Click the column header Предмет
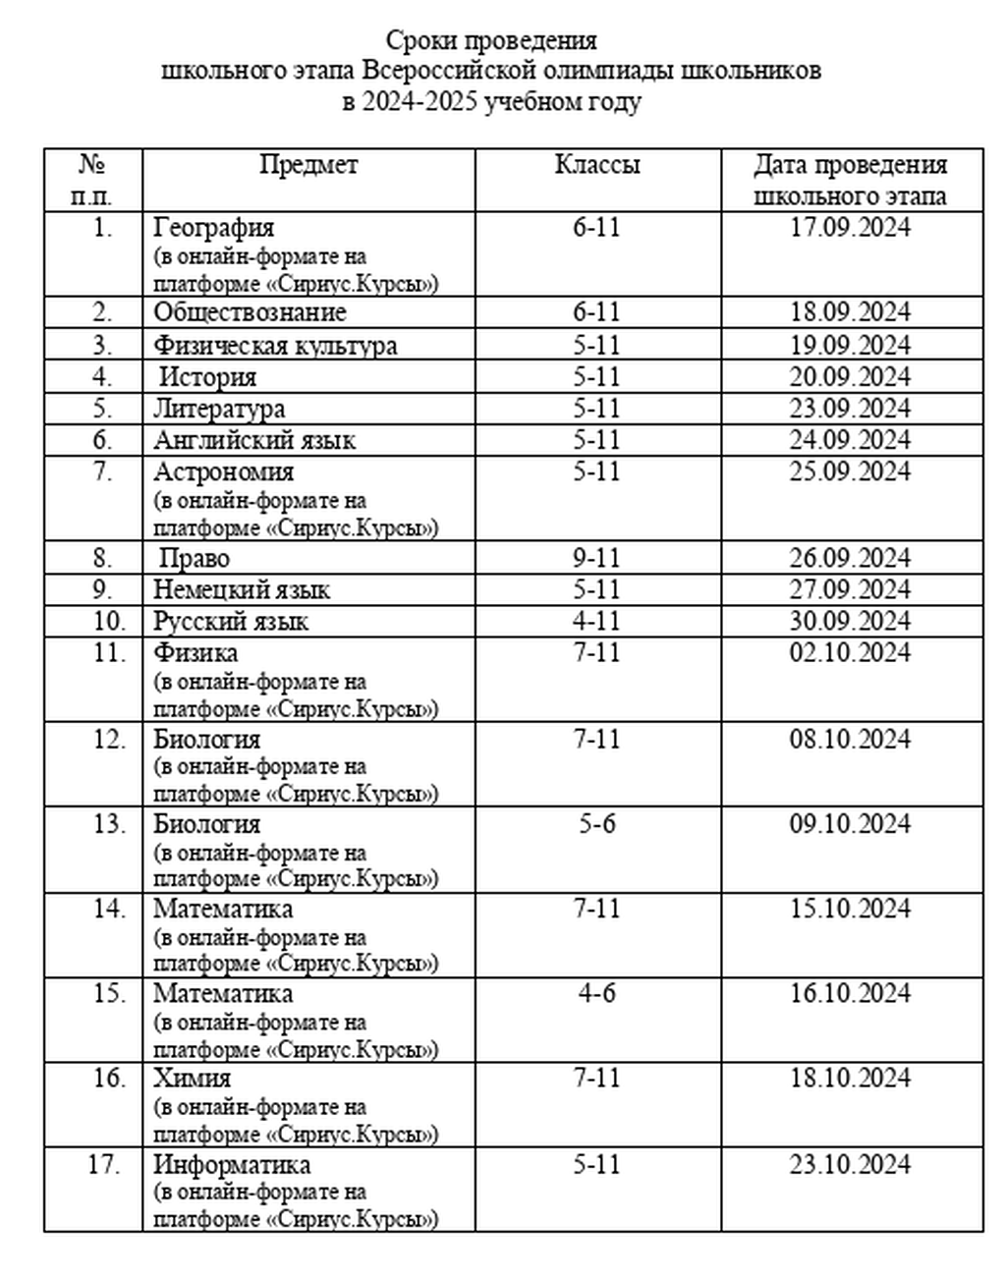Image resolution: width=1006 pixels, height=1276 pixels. pos(308,165)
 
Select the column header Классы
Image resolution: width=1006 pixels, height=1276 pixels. pos(597,165)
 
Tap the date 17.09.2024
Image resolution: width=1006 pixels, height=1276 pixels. pos(851,228)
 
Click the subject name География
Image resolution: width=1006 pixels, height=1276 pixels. pos(214,228)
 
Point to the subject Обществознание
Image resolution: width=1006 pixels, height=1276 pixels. pos(250,312)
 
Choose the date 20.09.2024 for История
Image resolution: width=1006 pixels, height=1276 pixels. pos(851,377)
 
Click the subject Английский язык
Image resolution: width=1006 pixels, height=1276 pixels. pos(254,440)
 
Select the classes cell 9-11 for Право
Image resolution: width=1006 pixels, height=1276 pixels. pos(597,559)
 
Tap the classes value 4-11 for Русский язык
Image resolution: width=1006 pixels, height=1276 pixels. pos(597,622)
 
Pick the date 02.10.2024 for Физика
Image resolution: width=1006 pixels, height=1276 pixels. pos(851,653)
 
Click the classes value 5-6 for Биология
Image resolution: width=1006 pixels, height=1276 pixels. pos(597,824)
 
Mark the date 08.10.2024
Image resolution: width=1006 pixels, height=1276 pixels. pos(851,739)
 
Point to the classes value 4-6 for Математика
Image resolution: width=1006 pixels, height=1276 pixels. pos(597,994)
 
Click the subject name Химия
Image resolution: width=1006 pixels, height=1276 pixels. pos(193,1079)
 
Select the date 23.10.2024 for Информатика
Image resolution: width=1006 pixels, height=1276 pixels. pos(851,1165)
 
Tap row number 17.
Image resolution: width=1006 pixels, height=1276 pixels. pos(103,1165)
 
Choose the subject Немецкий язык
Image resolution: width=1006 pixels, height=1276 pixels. pos(242,590)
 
